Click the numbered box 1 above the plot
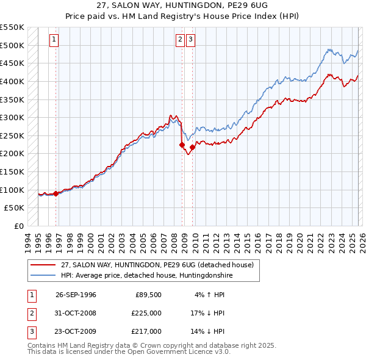(54, 40)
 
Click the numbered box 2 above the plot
(181, 40)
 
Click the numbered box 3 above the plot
(191, 40)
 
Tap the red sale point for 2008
(182, 145)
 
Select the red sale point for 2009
(192, 147)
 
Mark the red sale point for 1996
(56, 193)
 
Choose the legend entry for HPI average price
(147, 275)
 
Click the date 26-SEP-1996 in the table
(76, 295)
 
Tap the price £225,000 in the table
(147, 313)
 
